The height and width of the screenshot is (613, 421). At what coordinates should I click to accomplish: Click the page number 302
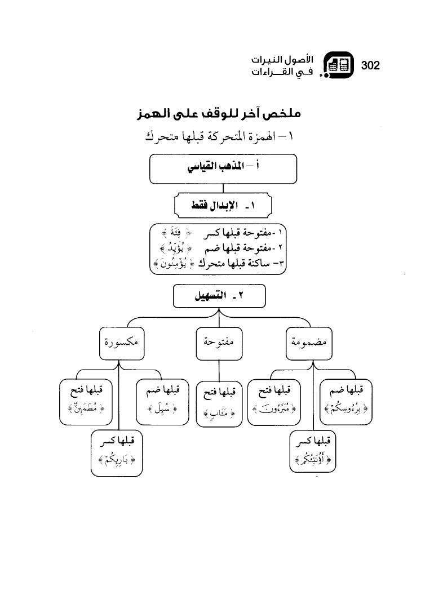click(370, 65)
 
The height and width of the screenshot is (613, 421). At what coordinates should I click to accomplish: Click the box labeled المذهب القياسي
click(223, 168)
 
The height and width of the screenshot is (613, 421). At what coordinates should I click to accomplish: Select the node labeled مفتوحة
click(219, 343)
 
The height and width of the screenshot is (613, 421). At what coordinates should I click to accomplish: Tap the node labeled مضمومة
click(309, 343)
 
